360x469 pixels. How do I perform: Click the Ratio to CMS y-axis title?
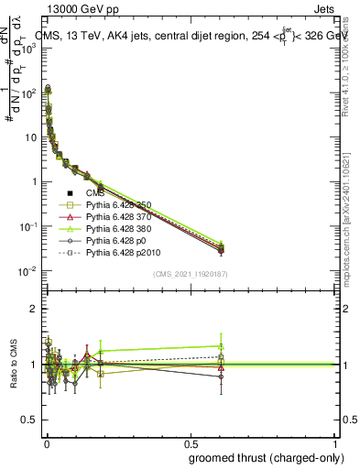pyautogui.click(x=16, y=365)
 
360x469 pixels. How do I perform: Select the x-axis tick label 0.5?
pyautogui.click(x=191, y=443)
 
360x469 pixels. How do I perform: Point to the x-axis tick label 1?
pyautogui.click(x=334, y=443)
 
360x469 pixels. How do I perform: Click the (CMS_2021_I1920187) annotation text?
pyautogui.click(x=190, y=273)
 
